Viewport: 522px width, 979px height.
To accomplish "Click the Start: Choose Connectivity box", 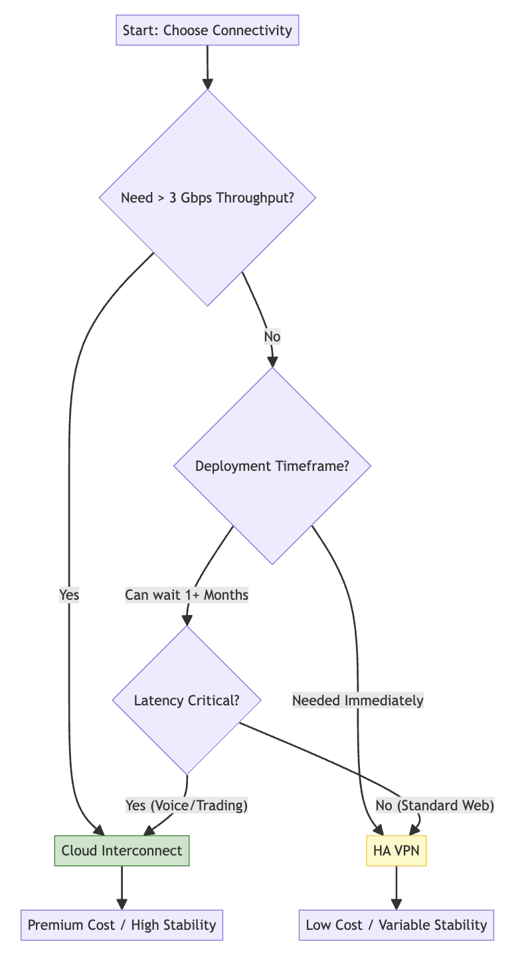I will pos(207,31).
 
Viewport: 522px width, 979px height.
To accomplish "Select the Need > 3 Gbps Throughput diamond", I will pos(207,197).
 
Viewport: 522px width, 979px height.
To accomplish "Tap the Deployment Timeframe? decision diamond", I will pos(272,466).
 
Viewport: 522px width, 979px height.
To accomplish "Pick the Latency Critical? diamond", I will pos(187,700).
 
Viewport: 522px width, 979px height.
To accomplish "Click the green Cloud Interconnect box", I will pos(122,850).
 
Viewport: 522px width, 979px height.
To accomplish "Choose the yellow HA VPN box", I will pos(396,850).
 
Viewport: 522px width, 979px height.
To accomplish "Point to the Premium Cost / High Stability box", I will pos(122,925).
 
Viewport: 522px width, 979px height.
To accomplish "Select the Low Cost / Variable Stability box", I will pos(396,925).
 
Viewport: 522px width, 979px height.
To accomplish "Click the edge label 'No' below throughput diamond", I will pos(272,337).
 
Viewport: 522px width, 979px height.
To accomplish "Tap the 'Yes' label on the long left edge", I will pos(69,595).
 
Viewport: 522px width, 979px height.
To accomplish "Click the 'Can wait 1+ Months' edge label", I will pos(187,595).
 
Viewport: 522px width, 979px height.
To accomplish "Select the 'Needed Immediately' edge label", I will pos(357,700).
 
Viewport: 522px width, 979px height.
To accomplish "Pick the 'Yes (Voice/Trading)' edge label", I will pos(187,805).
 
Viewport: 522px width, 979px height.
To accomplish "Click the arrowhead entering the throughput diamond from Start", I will pos(207,84).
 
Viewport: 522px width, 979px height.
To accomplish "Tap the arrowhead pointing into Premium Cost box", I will pos(122,904).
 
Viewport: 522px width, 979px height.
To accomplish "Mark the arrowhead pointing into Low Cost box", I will pos(396,904).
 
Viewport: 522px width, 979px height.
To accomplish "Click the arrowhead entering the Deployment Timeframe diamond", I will pos(272,361).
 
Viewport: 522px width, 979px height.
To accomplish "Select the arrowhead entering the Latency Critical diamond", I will pos(187,620).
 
